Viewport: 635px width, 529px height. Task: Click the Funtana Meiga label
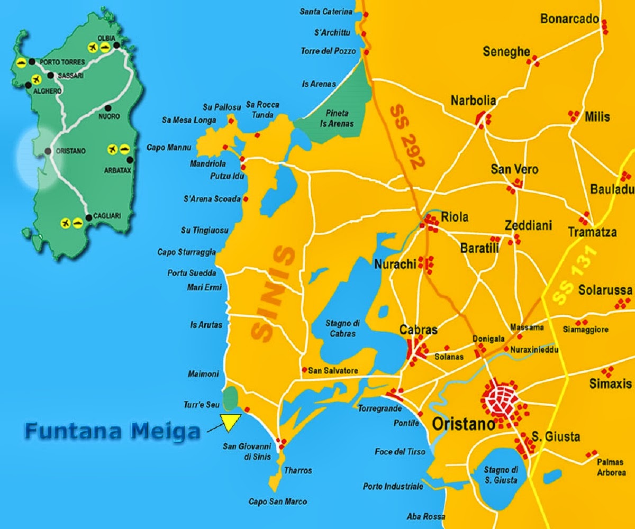(112, 431)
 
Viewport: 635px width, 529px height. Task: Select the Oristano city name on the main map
(464, 424)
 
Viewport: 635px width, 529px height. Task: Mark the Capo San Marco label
(277, 501)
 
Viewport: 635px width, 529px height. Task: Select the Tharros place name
(298, 470)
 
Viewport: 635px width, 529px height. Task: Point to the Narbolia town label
(473, 101)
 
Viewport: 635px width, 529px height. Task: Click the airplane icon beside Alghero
(36, 79)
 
